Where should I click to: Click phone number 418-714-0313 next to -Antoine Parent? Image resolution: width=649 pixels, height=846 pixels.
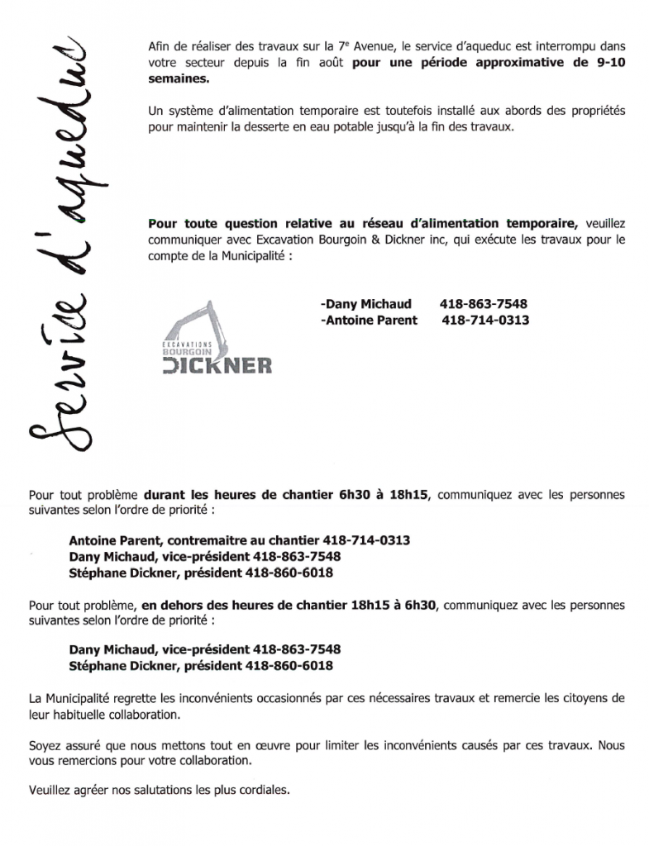(x=486, y=321)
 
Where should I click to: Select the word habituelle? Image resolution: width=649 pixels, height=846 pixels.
(x=92, y=715)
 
